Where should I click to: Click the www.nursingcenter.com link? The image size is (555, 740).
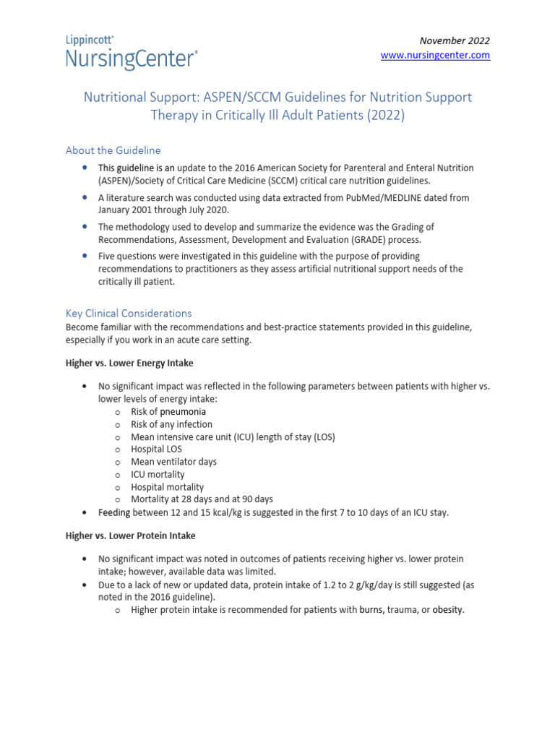coord(435,55)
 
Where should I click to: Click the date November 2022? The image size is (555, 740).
coord(455,40)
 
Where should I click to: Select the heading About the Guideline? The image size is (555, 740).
coord(113,150)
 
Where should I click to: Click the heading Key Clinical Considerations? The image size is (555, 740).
coord(129,313)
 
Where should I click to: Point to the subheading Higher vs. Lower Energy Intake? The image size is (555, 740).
coord(129,363)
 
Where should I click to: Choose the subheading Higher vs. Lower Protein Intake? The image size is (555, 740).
coord(130,535)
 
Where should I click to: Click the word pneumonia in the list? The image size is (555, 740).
coord(183,412)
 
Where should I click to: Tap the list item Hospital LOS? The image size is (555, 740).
coord(156,449)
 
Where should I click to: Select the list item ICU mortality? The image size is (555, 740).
coord(158,474)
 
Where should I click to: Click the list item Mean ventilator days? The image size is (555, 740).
coord(173,462)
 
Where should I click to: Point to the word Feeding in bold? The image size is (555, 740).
coord(115,512)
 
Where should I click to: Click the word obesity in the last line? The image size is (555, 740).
coord(447,610)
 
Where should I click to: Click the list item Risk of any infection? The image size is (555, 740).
coord(171,424)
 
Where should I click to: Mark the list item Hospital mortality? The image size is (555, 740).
coord(167,487)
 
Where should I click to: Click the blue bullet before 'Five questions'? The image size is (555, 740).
coord(85,256)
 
